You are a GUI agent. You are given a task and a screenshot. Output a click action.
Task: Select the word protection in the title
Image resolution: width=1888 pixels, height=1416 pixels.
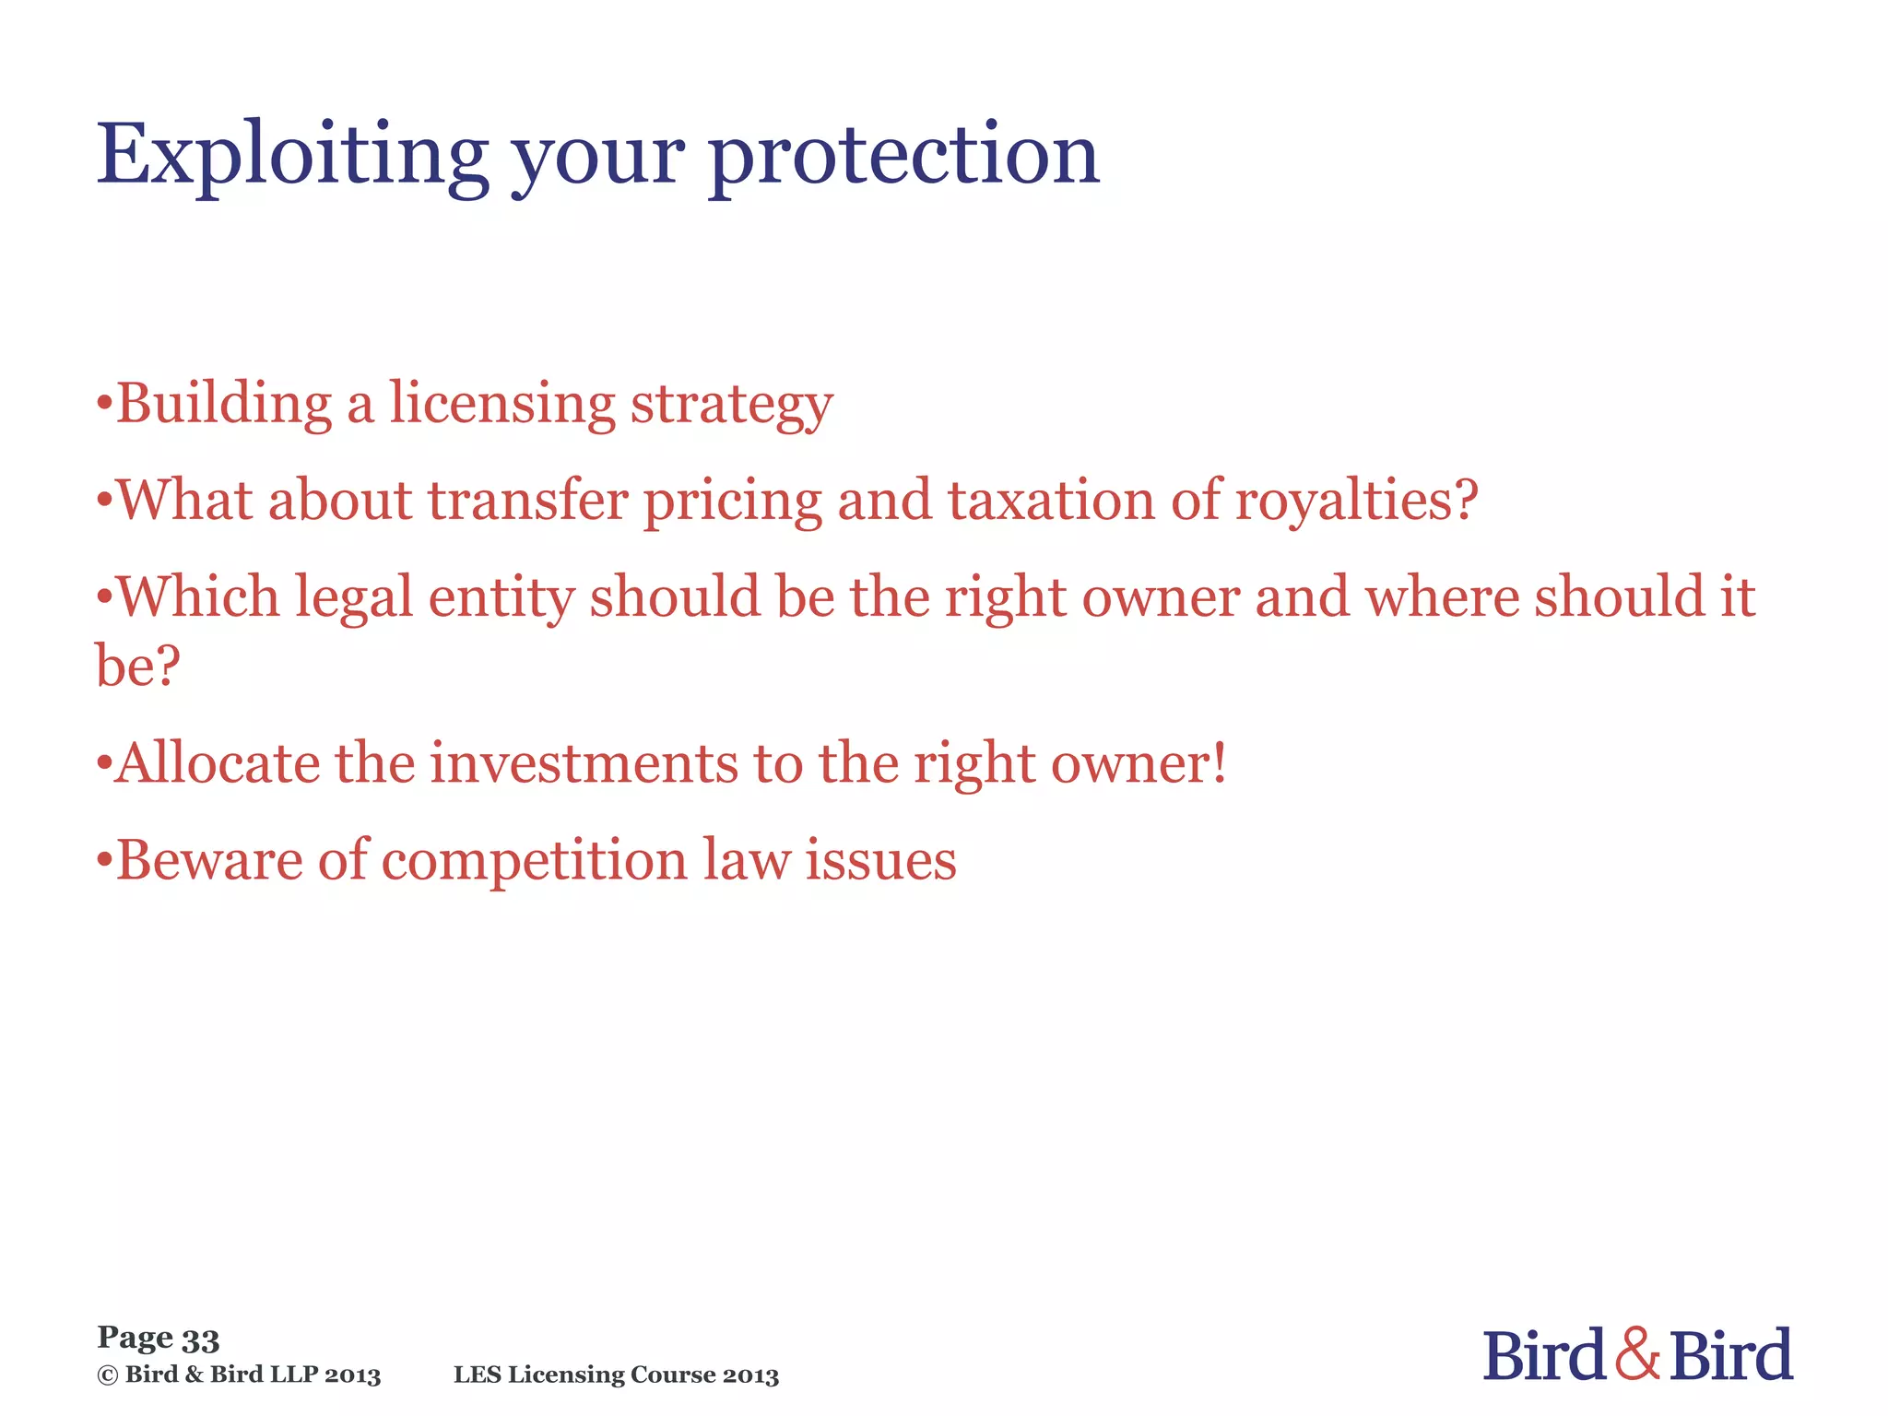[x=903, y=157]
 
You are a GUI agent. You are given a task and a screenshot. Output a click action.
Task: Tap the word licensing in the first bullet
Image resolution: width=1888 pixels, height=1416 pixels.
[x=501, y=406]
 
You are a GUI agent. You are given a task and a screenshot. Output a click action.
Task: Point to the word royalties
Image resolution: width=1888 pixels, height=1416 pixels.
[x=1355, y=502]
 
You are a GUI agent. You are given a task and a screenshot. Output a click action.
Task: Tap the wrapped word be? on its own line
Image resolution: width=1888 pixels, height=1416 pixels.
[x=137, y=665]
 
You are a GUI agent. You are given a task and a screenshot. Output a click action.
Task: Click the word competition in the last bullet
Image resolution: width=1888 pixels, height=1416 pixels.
[x=534, y=863]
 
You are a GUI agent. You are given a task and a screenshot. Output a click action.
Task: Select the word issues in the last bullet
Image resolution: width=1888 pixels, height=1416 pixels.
[x=880, y=861]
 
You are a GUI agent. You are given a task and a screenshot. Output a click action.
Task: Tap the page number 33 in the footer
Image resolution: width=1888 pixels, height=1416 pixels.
[x=200, y=1339]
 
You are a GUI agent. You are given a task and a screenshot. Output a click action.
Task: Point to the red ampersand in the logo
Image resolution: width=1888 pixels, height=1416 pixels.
[x=1637, y=1354]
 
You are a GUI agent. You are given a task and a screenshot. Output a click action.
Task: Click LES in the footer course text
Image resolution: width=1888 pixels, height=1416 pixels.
[x=477, y=1375]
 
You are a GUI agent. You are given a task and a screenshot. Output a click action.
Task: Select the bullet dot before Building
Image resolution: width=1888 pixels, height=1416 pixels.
[x=104, y=404]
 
